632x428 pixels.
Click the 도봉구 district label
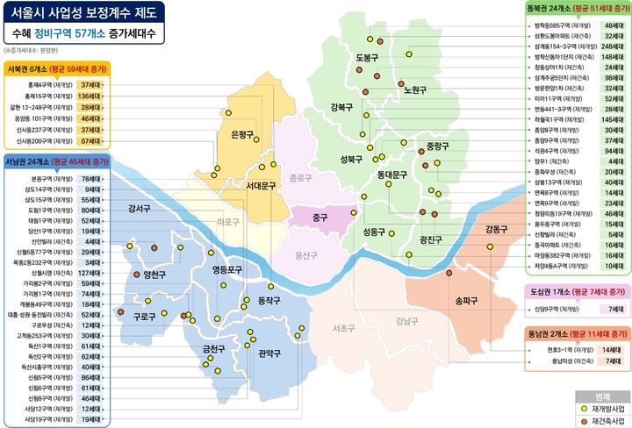pos(367,58)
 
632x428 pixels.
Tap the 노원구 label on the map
pos(414,89)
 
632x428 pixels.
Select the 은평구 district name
pos(241,134)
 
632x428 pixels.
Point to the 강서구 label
pos(140,209)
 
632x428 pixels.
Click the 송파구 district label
pos(466,301)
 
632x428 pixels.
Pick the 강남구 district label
pos(407,321)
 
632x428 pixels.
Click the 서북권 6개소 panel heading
pos(54,68)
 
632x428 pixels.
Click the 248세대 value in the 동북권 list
pos(613,46)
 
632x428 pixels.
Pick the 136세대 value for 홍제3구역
pos(90,95)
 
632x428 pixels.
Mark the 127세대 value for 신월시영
pos(90,273)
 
